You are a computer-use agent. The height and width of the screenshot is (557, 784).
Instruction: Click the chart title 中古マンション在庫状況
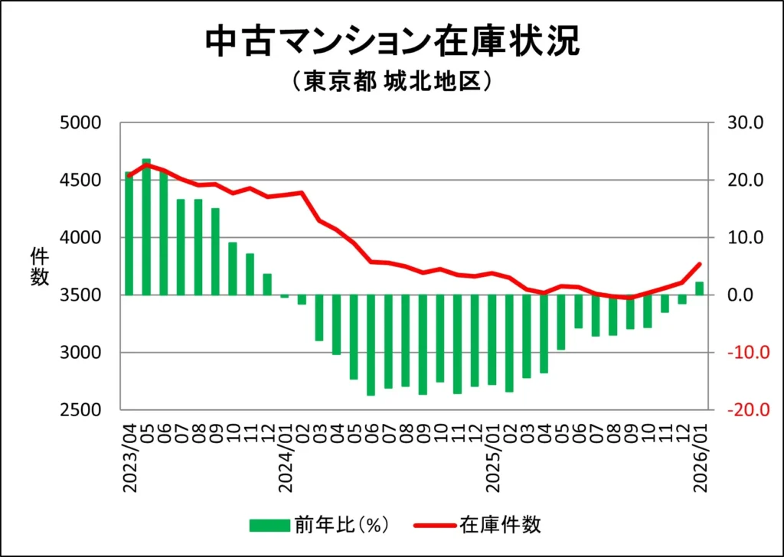coord(392,42)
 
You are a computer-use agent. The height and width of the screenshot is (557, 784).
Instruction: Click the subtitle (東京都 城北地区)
coord(391,82)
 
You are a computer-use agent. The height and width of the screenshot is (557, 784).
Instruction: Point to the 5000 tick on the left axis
coord(80,122)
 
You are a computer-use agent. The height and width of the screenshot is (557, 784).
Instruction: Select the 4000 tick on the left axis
coord(80,237)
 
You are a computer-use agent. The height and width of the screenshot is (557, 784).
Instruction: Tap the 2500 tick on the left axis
coord(80,410)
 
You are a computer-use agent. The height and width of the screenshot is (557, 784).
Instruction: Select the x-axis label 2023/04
coord(129,451)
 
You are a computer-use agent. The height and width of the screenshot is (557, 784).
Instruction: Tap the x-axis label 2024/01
coord(285,451)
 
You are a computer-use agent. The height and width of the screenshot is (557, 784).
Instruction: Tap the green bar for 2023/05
coord(146,226)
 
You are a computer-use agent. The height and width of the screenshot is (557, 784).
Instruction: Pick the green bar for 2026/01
coord(699,288)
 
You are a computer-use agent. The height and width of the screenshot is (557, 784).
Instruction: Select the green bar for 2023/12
coord(267,284)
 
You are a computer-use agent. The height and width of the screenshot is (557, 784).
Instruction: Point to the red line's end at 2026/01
coord(699,264)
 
